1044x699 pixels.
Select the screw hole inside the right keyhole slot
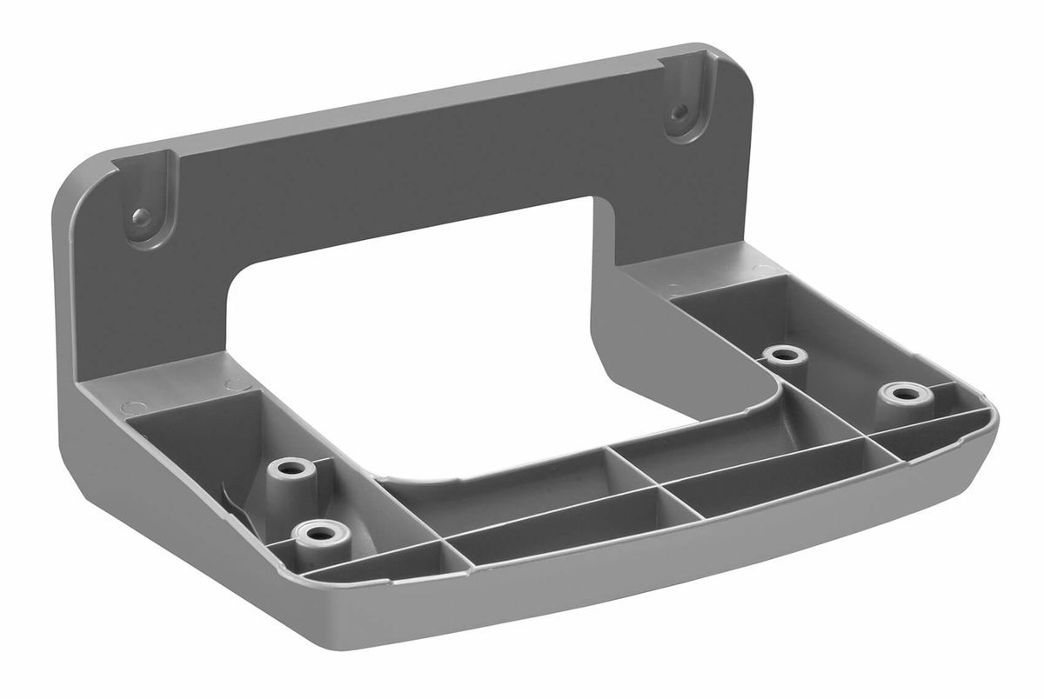[681, 112]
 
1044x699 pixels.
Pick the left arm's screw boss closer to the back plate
[290, 469]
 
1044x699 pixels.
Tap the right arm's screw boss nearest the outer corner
[905, 393]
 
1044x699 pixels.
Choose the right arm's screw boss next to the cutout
[785, 354]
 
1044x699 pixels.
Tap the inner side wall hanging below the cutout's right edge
[661, 348]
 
